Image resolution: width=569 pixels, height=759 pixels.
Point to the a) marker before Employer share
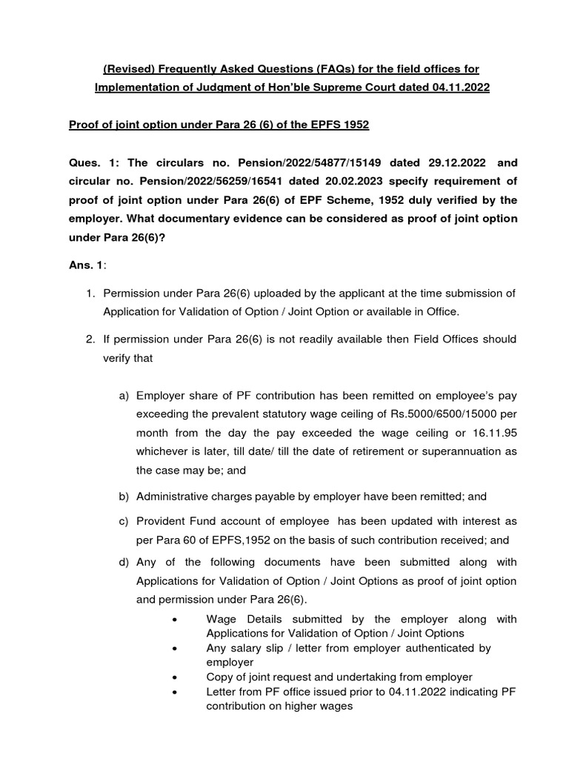tap(124, 396)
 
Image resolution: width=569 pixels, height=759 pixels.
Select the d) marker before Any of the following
tap(124, 563)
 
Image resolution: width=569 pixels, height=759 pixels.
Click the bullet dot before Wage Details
tap(173, 619)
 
